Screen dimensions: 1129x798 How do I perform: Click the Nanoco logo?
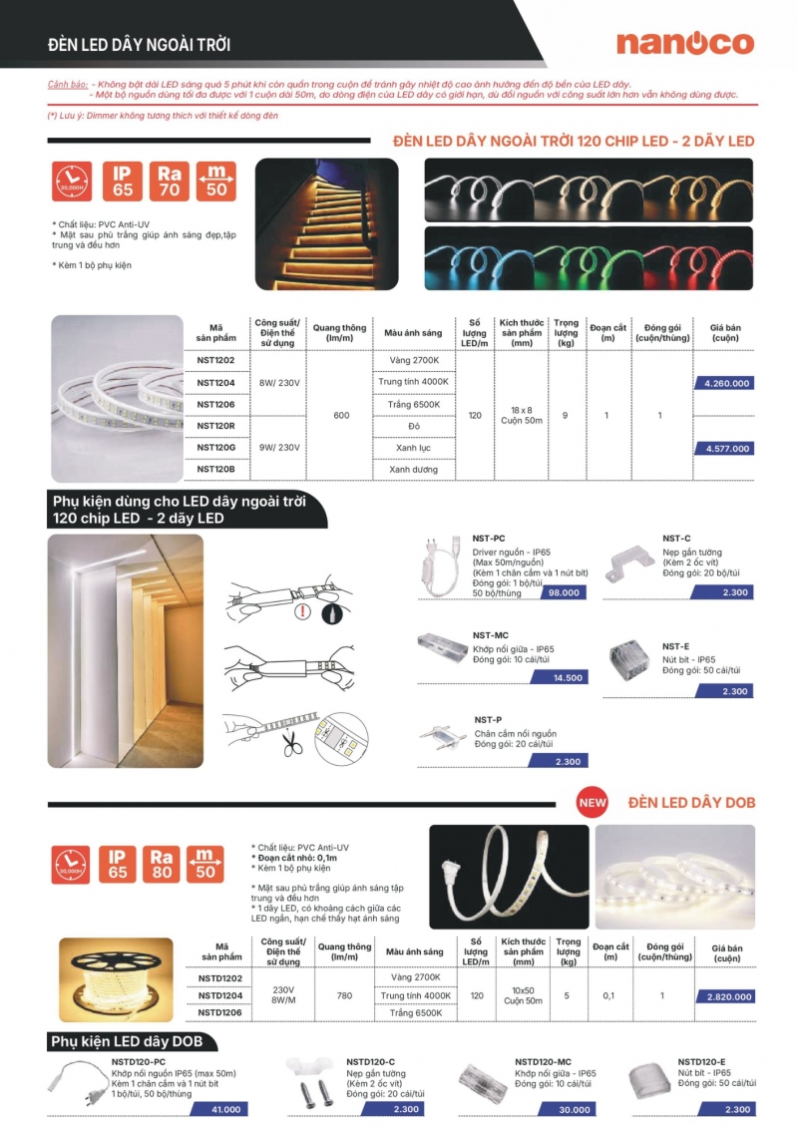[684, 43]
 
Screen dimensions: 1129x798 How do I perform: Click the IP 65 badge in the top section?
[122, 181]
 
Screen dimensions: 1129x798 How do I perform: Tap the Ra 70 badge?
[169, 181]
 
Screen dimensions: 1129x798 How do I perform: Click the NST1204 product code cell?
[215, 382]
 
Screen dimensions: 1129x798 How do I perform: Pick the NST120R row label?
[215, 426]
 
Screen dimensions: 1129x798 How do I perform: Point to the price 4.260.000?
[727, 383]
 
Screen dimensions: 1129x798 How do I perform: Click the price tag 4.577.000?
[727, 449]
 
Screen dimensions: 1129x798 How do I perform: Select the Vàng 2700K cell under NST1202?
[414, 359]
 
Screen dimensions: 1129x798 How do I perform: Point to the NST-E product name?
[675, 646]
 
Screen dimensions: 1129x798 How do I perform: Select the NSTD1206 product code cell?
[221, 1012]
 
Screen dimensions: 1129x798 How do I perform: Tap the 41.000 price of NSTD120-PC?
[225, 1109]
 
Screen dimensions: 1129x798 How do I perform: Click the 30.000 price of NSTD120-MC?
[575, 1109]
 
